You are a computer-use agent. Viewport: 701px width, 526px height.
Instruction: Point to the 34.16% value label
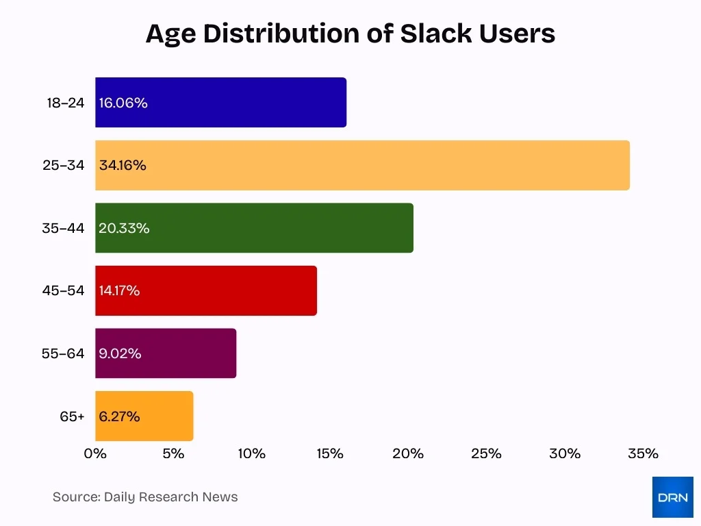click(x=123, y=166)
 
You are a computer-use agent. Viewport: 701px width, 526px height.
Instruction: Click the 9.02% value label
click(x=120, y=353)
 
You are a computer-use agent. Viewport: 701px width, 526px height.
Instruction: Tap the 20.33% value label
click(x=124, y=228)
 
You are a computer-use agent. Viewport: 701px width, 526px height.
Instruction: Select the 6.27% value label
click(x=119, y=416)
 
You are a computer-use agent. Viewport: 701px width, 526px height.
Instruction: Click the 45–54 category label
click(x=63, y=290)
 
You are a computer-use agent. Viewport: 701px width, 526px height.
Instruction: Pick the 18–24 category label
click(x=66, y=103)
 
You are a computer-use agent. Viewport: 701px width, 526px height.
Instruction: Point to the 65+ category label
click(x=72, y=416)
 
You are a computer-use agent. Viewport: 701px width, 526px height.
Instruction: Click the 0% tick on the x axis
click(x=95, y=453)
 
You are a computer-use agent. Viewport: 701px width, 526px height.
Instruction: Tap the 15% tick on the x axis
click(x=330, y=453)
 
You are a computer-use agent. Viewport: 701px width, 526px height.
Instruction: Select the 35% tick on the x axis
click(x=643, y=453)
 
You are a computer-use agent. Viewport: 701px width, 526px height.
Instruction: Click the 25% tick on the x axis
click(x=487, y=453)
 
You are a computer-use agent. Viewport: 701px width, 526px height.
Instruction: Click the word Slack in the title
click(x=433, y=34)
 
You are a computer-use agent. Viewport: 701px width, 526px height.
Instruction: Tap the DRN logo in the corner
click(x=672, y=497)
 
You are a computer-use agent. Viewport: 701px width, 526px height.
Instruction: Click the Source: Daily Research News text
click(x=145, y=497)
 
